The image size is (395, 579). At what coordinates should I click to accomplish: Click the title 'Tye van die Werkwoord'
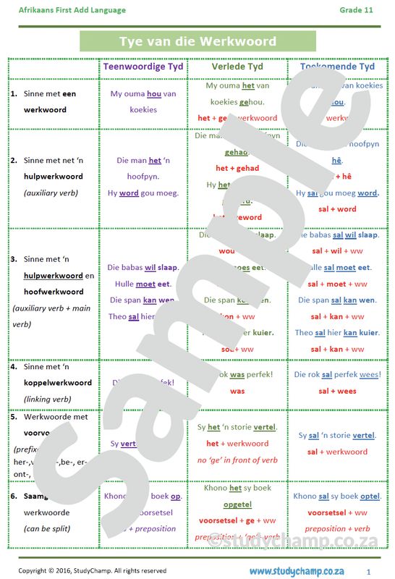pos(197,41)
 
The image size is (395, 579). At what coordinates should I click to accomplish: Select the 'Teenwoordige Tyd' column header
pos(143,67)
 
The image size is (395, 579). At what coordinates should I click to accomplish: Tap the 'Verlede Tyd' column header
pos(237,67)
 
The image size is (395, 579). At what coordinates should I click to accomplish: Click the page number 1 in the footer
pos(368,571)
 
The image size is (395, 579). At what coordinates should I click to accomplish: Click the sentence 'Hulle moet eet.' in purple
pos(143,284)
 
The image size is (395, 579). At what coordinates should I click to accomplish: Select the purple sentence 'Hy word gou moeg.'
pos(143,193)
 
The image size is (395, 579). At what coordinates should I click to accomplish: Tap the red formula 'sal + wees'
pos(337,391)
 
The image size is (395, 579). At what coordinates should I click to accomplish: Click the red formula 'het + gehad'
pos(237,168)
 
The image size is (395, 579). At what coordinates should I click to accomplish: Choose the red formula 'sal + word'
pos(337,209)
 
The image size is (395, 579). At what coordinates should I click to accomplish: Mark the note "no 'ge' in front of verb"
pos(237,460)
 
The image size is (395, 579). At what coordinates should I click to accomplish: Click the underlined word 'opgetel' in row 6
pos(237,504)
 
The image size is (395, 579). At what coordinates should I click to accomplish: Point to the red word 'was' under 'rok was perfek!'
pos(237,391)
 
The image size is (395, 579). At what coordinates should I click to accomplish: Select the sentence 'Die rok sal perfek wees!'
pos(337,374)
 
